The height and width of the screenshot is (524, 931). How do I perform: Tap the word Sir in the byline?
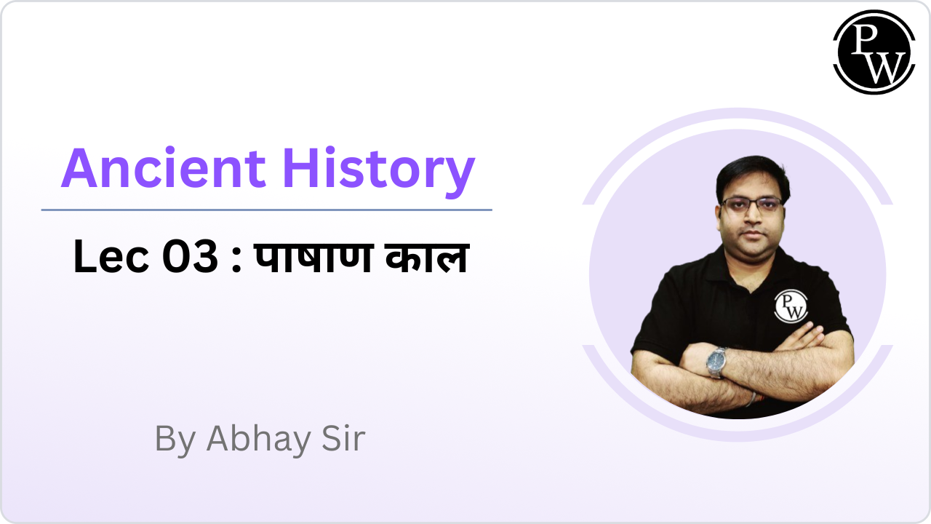(x=340, y=439)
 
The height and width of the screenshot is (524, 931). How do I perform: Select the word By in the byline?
(x=175, y=439)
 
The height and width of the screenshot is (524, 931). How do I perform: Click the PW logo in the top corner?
(x=874, y=52)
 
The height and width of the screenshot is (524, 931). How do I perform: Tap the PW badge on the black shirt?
(x=790, y=306)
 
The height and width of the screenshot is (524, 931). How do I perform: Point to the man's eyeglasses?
(x=751, y=204)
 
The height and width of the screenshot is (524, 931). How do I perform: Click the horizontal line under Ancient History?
(x=266, y=210)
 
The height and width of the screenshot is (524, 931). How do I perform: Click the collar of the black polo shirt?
(x=749, y=262)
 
